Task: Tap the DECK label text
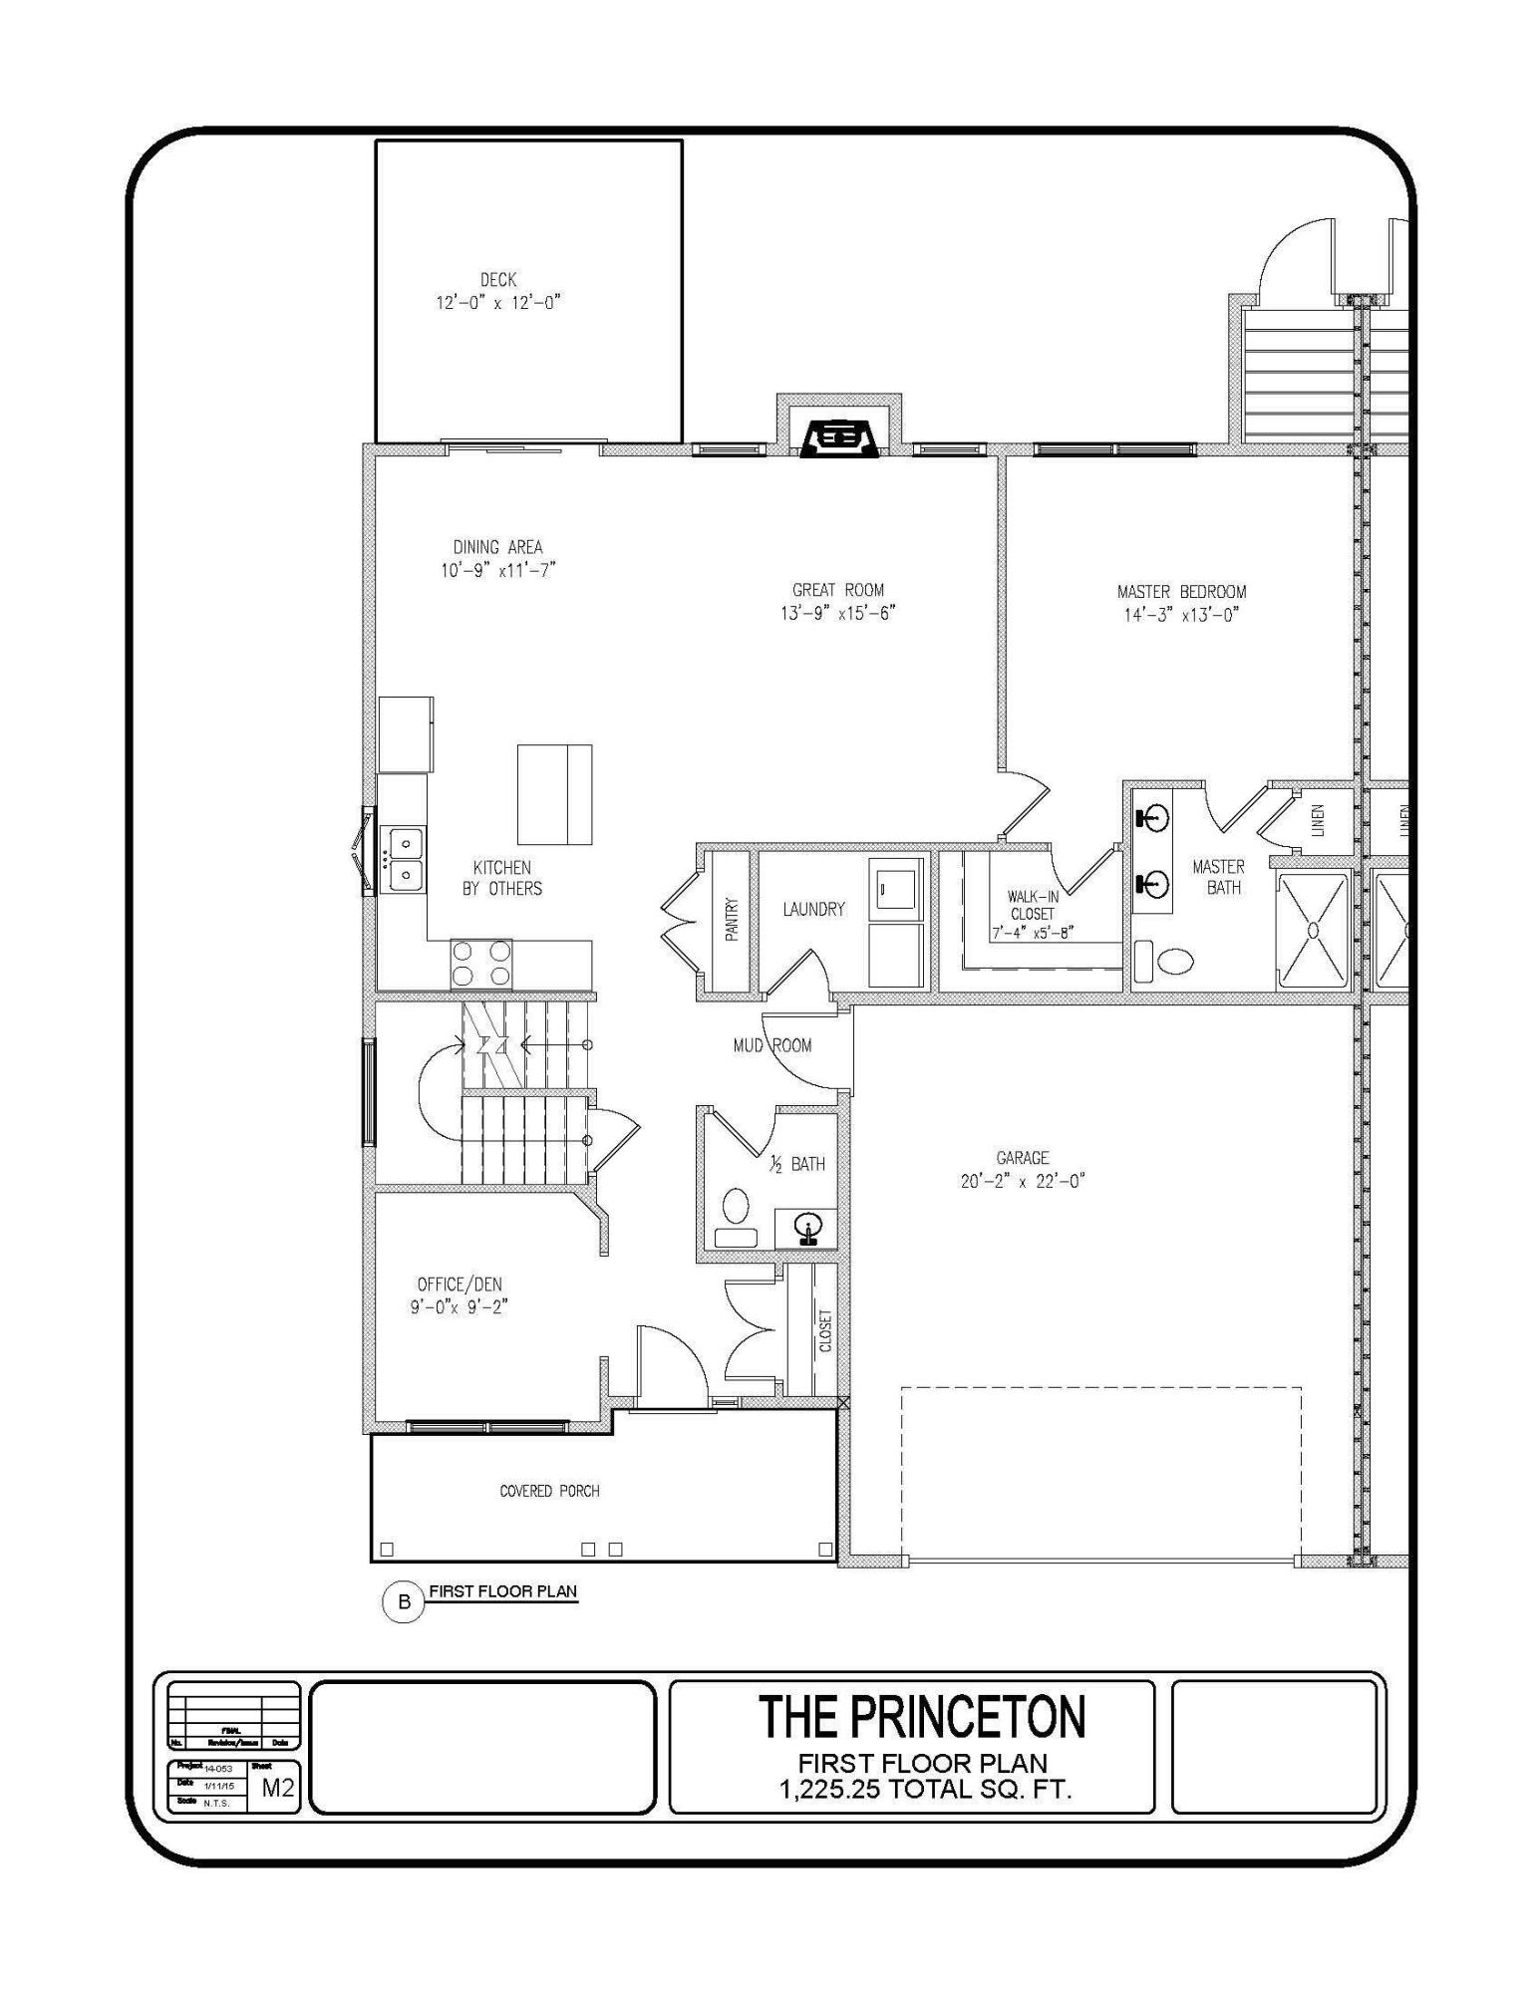pyautogui.click(x=498, y=280)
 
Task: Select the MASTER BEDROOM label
pyautogui.click(x=1181, y=592)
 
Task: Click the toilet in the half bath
pyautogui.click(x=736, y=1206)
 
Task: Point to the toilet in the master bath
pyautogui.click(x=1175, y=961)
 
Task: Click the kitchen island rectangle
pyautogui.click(x=554, y=794)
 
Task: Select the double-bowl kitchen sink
pyautogui.click(x=405, y=859)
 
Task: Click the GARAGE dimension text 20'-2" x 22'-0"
pyautogui.click(x=1023, y=1182)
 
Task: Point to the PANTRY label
pyautogui.click(x=731, y=920)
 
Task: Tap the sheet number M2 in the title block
pyautogui.click(x=278, y=1788)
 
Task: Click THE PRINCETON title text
pyautogui.click(x=922, y=1716)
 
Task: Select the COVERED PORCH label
pyautogui.click(x=549, y=1491)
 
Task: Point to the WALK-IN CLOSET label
pyautogui.click(x=1033, y=905)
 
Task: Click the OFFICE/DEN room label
pyautogui.click(x=460, y=1284)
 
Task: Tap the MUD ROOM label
pyautogui.click(x=772, y=1045)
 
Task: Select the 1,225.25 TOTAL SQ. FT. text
pyautogui.click(x=925, y=1790)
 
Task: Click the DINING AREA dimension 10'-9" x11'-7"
pyautogui.click(x=498, y=570)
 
